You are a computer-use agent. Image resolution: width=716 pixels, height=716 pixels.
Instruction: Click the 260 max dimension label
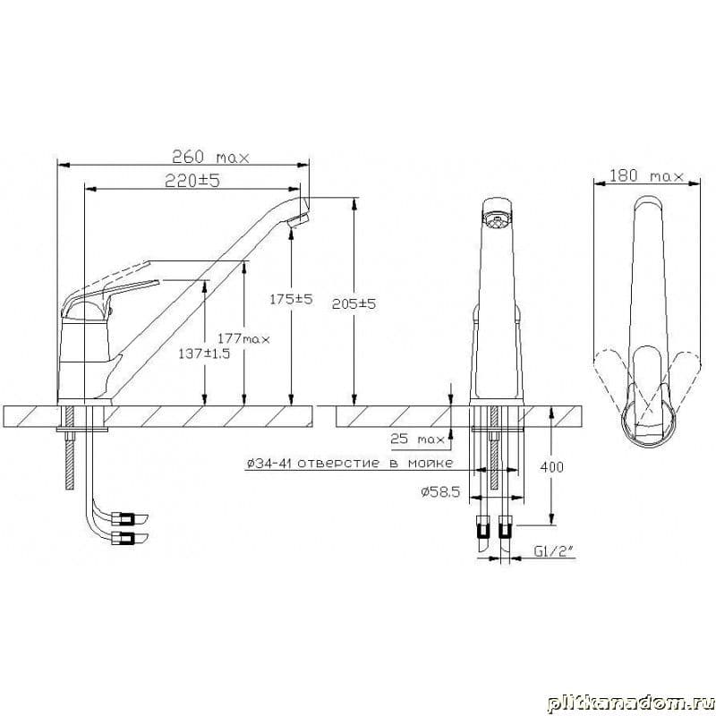211,158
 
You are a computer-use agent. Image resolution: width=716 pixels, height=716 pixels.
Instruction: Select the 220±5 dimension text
192,181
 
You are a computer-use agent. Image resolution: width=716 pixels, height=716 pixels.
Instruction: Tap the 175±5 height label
292,299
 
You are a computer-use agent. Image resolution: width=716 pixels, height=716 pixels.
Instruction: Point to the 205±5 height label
354,303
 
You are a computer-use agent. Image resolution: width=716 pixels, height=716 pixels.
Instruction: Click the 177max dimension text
243,339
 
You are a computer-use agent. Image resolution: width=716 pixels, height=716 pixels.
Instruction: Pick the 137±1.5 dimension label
204,354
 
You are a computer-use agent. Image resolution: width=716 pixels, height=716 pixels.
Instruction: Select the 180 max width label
647,175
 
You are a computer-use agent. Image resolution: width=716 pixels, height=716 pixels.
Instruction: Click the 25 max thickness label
417,439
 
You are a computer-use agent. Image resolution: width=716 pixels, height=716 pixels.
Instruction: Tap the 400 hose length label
551,466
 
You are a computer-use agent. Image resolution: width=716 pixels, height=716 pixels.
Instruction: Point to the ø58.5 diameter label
440,491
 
